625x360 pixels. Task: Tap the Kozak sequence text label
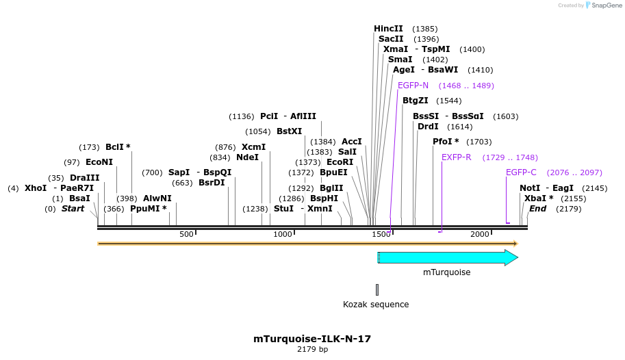tap(376, 304)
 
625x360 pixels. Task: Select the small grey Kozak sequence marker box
tap(377, 290)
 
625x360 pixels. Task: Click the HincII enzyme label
tap(388, 29)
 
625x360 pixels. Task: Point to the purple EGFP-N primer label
tap(413, 86)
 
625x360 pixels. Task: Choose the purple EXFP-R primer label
tap(456, 157)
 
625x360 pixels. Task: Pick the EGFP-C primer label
tap(521, 172)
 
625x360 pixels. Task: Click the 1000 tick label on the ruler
tap(283, 234)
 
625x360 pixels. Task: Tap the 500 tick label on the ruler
tap(187, 234)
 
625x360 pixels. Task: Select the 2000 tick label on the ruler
tap(480, 234)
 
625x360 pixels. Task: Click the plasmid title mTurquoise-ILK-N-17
tap(312, 338)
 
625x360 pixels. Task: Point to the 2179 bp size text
tap(312, 350)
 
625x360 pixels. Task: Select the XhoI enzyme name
tap(35, 188)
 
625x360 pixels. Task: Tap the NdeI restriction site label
tap(247, 157)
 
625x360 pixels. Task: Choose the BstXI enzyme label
tap(289, 131)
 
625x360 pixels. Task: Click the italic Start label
tap(73, 209)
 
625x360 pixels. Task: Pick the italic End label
tap(537, 209)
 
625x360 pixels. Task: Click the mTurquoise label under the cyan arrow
tap(446, 272)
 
